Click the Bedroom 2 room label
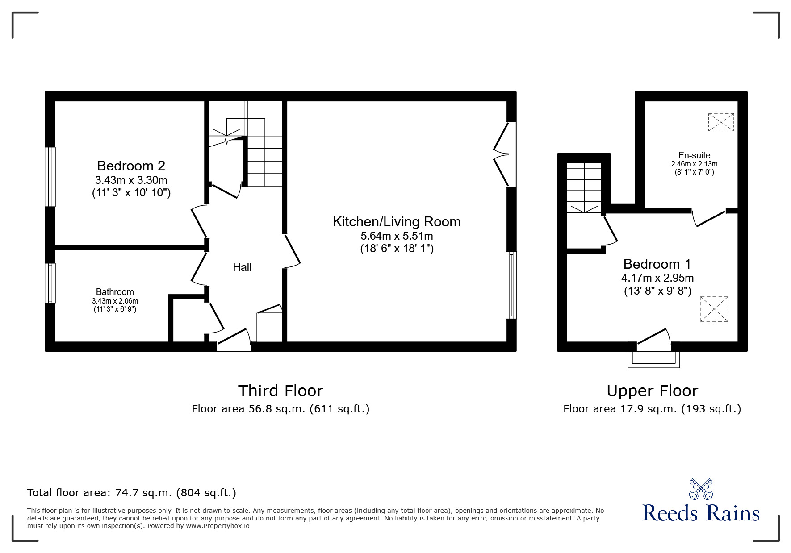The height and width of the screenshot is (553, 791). point(131,166)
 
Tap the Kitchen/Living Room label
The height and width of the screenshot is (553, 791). point(396,222)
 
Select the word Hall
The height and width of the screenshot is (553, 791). point(242,267)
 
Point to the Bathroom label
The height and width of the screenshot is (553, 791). point(115,292)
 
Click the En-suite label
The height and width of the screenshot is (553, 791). point(694,155)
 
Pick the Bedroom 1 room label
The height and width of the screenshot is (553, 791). point(657,264)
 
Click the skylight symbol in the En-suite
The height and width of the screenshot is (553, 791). point(721,122)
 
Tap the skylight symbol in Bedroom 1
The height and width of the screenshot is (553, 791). point(714,309)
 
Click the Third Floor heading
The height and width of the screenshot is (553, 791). point(280,391)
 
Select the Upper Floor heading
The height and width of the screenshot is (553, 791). point(652,391)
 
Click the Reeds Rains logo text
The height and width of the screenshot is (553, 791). point(701,513)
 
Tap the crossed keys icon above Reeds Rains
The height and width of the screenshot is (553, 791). point(701,489)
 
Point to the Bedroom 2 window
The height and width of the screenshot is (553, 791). point(50,177)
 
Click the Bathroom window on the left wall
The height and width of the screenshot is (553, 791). point(50,283)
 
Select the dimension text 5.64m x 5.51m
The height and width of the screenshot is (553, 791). point(397,236)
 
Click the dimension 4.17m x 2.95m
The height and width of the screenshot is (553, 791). point(657,278)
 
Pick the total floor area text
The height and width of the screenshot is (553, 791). point(132,493)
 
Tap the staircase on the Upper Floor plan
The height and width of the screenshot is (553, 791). point(584,187)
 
